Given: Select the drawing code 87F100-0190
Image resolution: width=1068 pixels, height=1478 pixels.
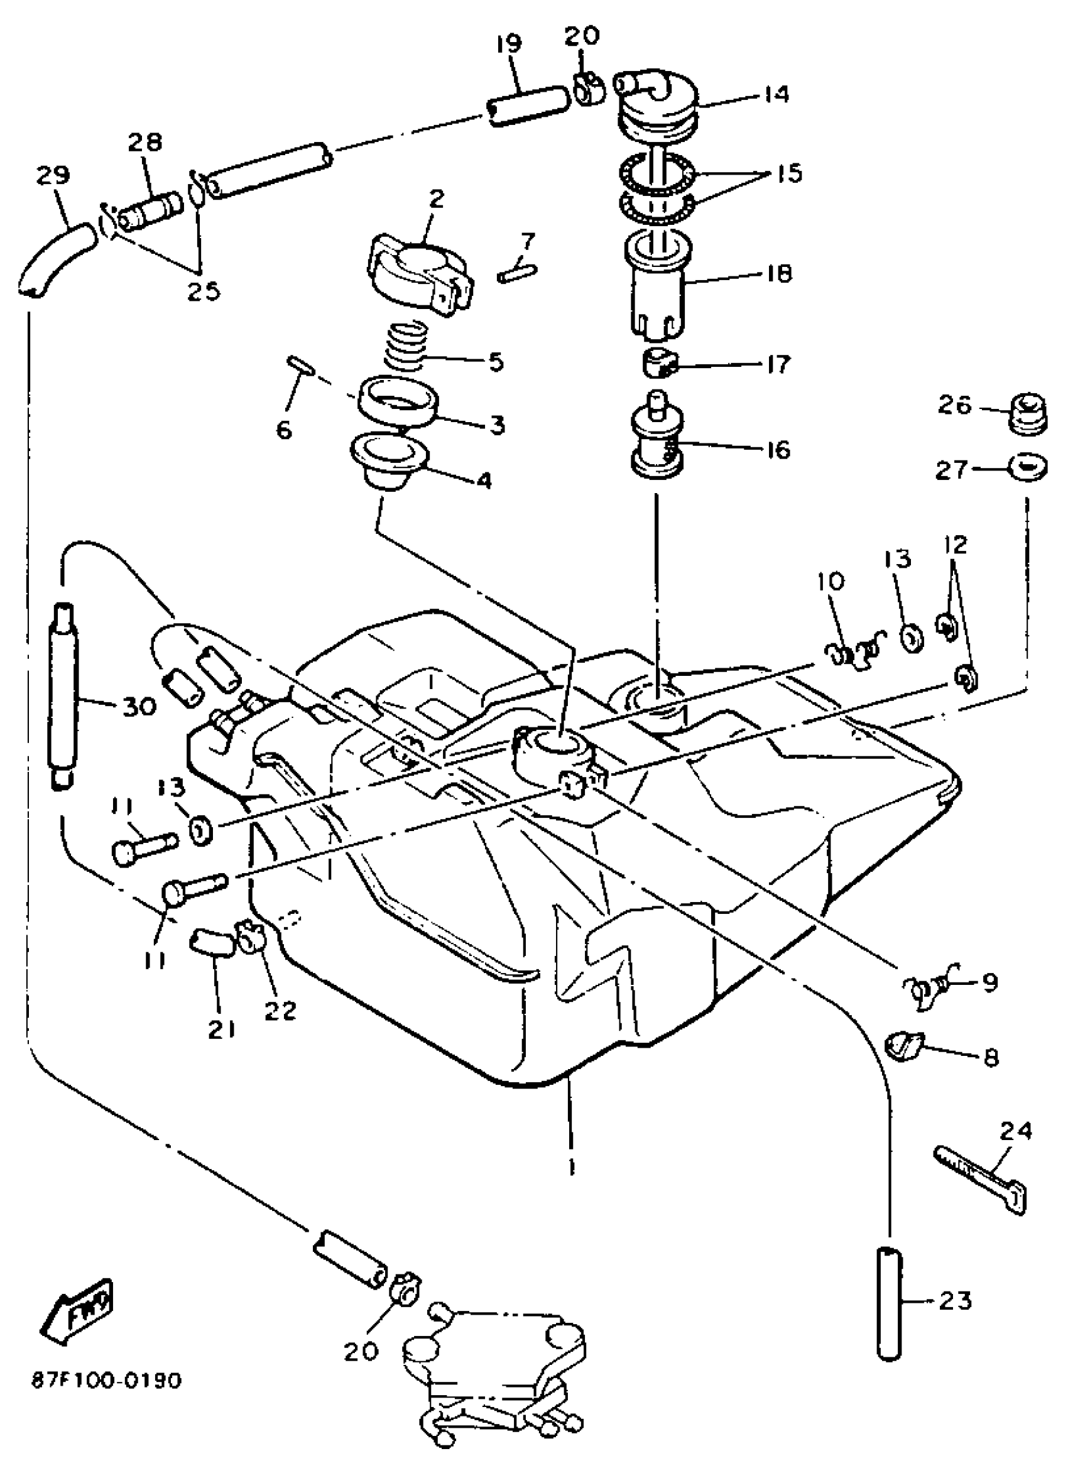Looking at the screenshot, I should [106, 1380].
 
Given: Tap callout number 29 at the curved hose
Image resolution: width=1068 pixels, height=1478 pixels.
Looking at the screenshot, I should [53, 176].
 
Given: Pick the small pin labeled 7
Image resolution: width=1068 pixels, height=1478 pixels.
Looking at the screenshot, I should [518, 268].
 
